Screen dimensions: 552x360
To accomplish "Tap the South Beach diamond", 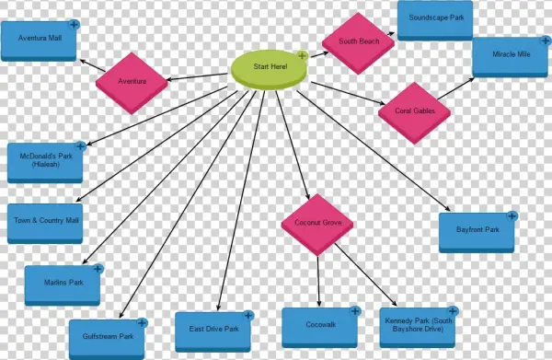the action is [x=358, y=42].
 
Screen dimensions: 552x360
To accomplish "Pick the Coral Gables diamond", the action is [x=415, y=112].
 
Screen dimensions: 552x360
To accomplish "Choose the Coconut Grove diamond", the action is [x=317, y=224].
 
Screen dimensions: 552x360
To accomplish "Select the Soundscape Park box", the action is [x=435, y=18].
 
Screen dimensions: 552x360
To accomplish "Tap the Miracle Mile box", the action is [x=511, y=55].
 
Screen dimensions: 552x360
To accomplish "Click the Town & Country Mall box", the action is [x=46, y=221].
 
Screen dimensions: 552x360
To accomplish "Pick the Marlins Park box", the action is [x=63, y=285].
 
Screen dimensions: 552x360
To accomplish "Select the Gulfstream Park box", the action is [x=107, y=336].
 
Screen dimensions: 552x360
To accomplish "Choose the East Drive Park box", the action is [x=213, y=330].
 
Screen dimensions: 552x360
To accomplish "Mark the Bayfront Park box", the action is [x=477, y=230].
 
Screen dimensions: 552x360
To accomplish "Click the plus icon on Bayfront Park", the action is [x=512, y=215].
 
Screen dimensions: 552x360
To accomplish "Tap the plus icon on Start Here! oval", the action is [x=301, y=56].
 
